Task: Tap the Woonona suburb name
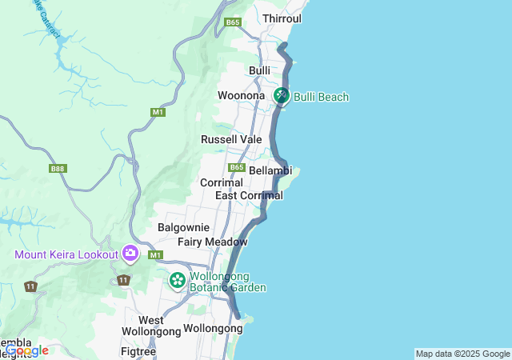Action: pyautogui.click(x=241, y=96)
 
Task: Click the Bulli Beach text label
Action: pyautogui.click(x=321, y=97)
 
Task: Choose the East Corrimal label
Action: pyautogui.click(x=249, y=195)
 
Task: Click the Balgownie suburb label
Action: pyautogui.click(x=183, y=227)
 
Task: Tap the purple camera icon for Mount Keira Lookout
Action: pyautogui.click(x=130, y=254)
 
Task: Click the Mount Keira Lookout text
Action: pyautogui.click(x=66, y=255)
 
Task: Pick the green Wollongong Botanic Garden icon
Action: pyautogui.click(x=177, y=281)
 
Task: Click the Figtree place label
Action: pyautogui.click(x=138, y=351)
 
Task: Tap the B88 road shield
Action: pyautogui.click(x=58, y=169)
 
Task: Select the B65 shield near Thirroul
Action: pyautogui.click(x=233, y=22)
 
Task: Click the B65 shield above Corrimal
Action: pyautogui.click(x=236, y=167)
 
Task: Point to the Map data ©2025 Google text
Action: pyautogui.click(x=462, y=354)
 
